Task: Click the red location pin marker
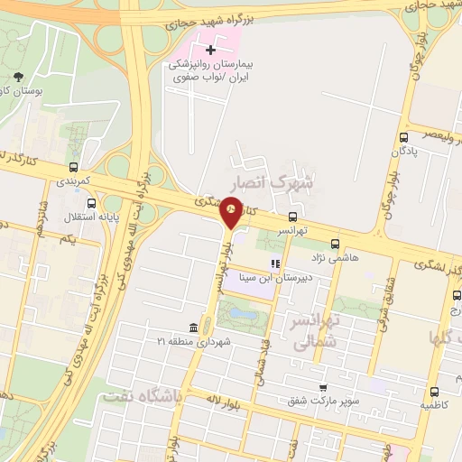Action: tap(232, 212)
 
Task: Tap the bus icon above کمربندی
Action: tap(74, 167)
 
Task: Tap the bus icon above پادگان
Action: tap(402, 138)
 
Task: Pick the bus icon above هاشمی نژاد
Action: tap(336, 243)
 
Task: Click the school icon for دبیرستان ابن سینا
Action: tap(275, 263)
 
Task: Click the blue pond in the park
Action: tap(239, 314)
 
